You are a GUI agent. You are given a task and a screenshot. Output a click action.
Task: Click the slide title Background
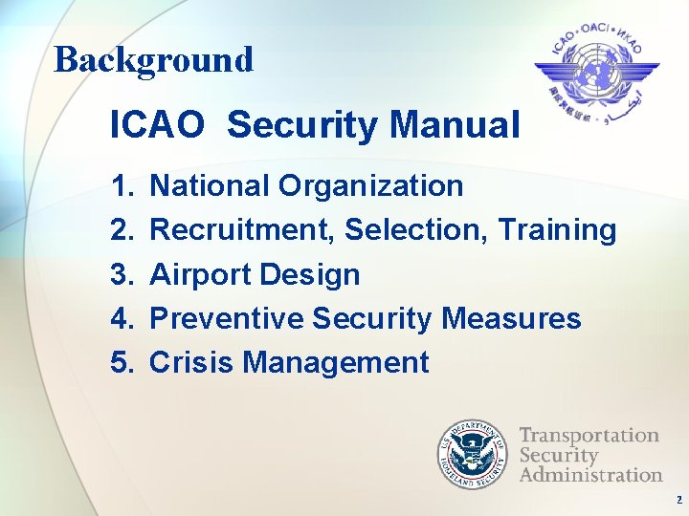(153, 59)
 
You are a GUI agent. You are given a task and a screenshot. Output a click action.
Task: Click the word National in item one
(211, 185)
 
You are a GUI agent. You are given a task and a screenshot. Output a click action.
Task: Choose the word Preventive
(227, 319)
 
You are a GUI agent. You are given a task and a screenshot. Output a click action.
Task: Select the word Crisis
(192, 363)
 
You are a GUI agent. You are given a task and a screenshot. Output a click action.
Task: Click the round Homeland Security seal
(474, 452)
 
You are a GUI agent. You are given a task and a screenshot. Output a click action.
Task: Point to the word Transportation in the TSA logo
(589, 436)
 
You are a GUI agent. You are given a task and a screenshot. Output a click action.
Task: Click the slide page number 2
(678, 500)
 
